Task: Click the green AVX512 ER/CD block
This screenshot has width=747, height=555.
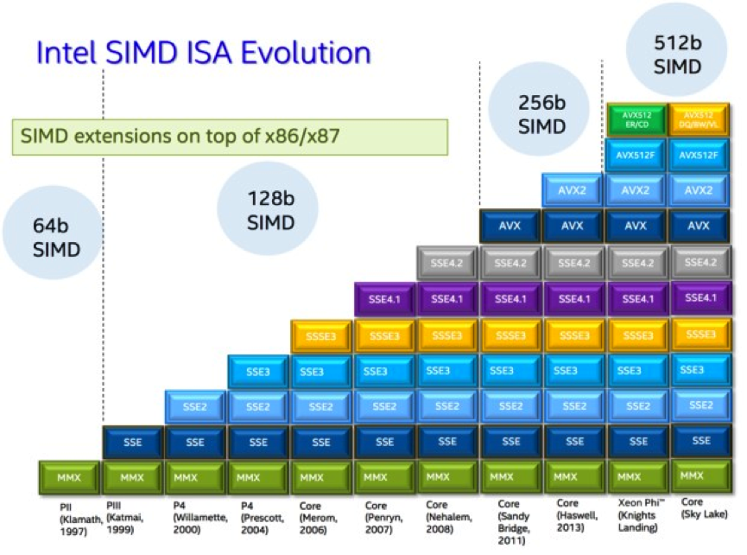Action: click(636, 118)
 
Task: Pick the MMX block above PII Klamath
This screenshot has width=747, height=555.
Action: click(69, 476)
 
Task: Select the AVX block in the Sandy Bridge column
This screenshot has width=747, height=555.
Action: click(510, 226)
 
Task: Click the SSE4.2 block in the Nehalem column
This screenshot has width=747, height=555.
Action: click(446, 262)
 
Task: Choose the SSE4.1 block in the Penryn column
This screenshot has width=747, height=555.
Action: click(384, 298)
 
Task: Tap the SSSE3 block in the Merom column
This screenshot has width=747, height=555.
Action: click(321, 335)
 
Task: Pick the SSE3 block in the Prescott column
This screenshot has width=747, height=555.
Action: click(258, 371)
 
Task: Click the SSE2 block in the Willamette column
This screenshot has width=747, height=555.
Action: click(195, 406)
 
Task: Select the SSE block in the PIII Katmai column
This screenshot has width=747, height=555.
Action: click(132, 442)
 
